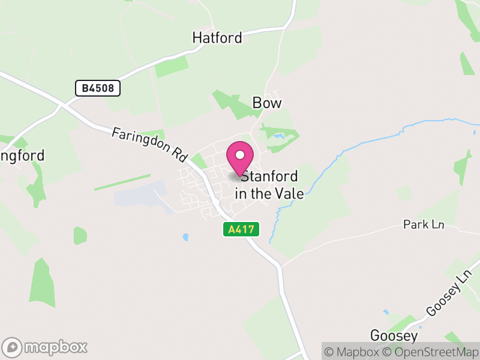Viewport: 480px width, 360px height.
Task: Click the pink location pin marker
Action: pos(240,160)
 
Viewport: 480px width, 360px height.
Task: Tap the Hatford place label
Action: pos(217,38)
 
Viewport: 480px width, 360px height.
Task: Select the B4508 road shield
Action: pos(98,89)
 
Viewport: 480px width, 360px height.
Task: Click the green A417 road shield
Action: pos(241,229)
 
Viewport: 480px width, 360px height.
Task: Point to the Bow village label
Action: pos(267,103)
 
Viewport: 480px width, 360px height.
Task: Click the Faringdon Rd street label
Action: pos(150,145)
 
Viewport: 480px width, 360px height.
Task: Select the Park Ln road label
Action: pos(424,224)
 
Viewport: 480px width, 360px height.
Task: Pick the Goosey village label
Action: pos(394,335)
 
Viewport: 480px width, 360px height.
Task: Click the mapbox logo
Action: pos(46,347)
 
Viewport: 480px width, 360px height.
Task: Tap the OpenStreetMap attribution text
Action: pos(431,352)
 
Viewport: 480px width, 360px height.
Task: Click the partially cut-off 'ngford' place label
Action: pos(22,156)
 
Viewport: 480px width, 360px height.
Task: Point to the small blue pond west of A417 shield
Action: pos(185,237)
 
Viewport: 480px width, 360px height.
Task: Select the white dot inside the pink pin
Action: pos(240,155)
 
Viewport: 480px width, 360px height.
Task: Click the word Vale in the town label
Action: pos(289,194)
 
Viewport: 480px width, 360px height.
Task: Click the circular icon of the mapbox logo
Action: pos(13,347)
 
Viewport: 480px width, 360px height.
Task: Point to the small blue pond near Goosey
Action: pos(385,313)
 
